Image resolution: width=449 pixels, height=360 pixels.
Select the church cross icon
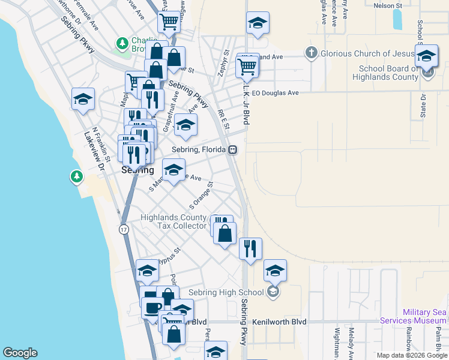click(311, 53)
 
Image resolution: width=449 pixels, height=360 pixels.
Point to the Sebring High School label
click(226, 293)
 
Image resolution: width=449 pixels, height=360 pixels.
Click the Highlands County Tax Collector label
click(173, 221)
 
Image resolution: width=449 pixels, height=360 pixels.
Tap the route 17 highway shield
click(123, 230)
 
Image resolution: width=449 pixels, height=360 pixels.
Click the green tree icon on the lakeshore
click(76, 176)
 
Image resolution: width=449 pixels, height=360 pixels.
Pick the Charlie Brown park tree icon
click(122, 43)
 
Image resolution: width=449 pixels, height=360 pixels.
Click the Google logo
click(20, 353)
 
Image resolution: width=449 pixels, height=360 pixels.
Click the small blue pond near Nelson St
click(397, 20)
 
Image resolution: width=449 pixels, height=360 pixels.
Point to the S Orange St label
click(202, 193)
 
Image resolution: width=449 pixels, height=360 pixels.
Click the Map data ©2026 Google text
click(411, 355)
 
